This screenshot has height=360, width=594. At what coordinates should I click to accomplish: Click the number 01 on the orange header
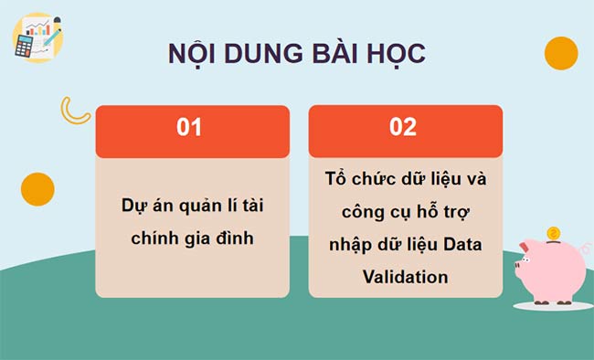pos(189,128)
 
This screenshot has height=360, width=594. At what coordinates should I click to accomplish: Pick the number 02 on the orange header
pos(403,128)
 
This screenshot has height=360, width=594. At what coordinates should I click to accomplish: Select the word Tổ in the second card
pos(334,178)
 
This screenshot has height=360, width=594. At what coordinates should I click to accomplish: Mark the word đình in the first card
pos(233,238)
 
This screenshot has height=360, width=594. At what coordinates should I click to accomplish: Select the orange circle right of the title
pos(560,54)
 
